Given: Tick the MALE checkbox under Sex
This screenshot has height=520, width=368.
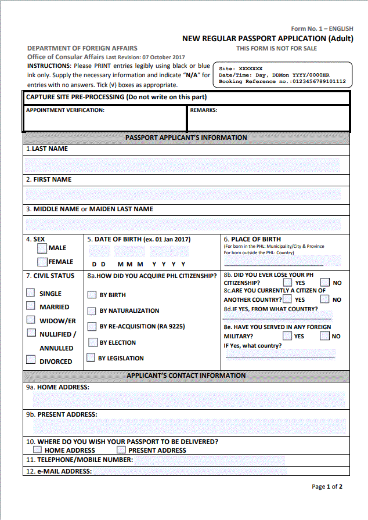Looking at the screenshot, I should [42, 248].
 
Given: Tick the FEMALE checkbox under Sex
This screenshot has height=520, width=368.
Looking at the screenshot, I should [42, 262].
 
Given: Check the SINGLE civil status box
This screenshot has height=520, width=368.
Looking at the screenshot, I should [31, 292].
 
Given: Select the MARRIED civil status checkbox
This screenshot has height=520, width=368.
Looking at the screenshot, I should [31, 306].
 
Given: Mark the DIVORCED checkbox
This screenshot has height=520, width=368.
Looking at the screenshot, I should [31, 360].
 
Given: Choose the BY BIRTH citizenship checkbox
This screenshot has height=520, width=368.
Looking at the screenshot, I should [92, 295].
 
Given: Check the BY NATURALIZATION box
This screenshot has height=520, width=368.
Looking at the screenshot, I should [92, 310].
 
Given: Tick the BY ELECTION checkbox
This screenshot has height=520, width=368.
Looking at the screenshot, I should [92, 342].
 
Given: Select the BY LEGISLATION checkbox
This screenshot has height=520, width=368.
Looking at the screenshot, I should [91, 358].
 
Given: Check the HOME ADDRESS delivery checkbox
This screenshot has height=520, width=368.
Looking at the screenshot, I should [38, 450].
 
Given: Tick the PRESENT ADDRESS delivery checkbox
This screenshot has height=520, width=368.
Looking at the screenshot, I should [121, 450].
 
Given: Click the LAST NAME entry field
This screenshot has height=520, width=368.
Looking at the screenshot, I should [186, 164].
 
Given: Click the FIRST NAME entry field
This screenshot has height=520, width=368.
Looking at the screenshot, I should [186, 194].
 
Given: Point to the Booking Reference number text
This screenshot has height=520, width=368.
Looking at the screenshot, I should [282, 82].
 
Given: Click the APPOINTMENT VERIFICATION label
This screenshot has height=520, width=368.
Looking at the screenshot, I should [65, 110].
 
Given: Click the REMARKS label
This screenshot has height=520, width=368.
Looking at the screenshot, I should [203, 110].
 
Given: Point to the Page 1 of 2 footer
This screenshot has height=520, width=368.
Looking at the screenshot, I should [327, 486].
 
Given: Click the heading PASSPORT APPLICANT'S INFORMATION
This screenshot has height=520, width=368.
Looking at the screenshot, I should [186, 138].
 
